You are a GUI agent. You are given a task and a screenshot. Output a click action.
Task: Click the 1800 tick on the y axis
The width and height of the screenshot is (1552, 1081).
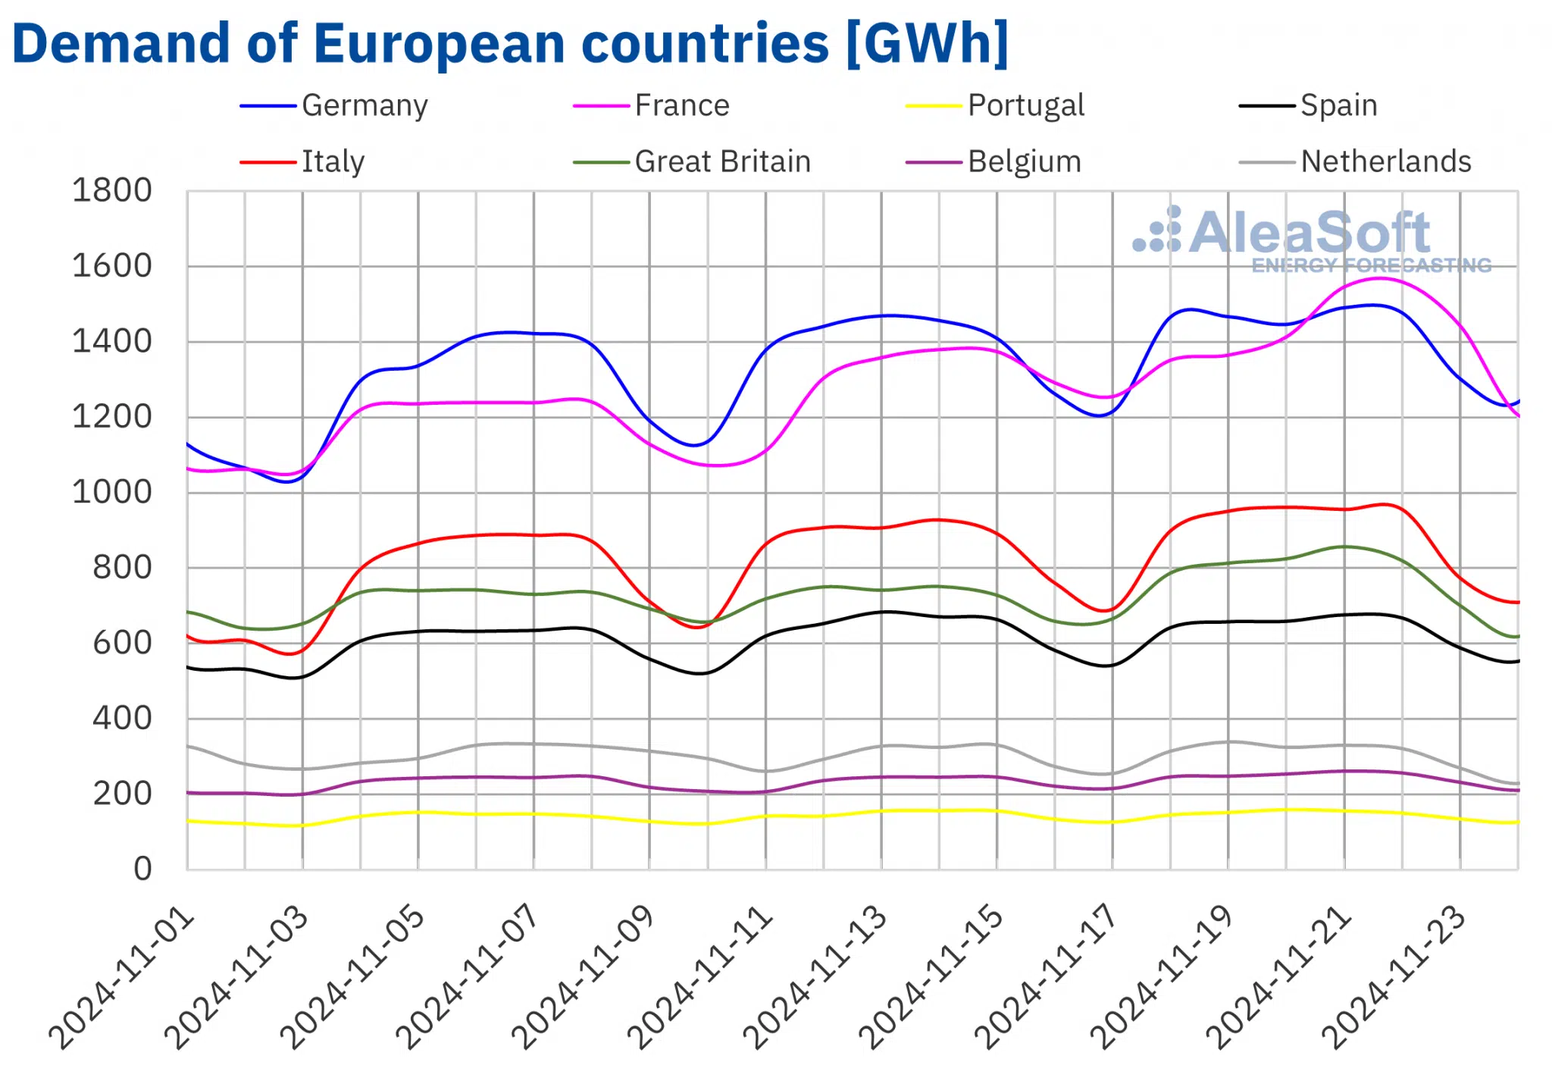click(111, 190)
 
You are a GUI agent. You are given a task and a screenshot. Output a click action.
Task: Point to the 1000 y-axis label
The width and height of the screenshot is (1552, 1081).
click(111, 492)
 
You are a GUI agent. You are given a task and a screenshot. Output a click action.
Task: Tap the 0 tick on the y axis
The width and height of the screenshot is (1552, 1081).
click(142, 869)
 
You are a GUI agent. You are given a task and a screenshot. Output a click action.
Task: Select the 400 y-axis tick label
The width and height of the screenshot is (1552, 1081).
click(121, 718)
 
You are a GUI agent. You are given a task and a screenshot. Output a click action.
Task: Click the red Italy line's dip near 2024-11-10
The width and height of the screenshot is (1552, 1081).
click(697, 627)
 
